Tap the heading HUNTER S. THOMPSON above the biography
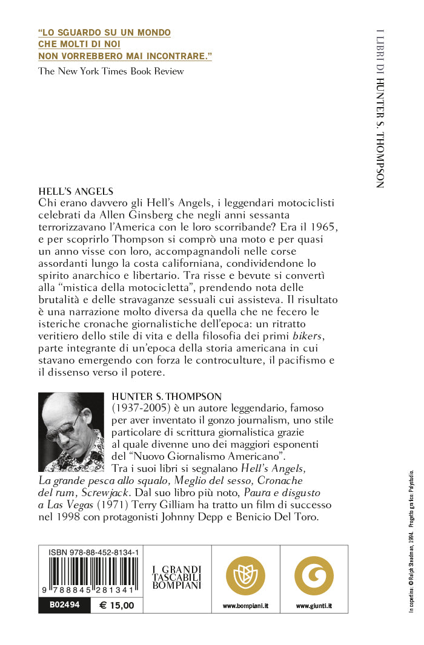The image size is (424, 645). (158, 396)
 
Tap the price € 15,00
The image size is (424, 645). (117, 605)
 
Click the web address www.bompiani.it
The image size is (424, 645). (245, 606)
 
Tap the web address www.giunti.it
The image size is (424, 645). (314, 606)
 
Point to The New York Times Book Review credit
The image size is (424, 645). (111, 71)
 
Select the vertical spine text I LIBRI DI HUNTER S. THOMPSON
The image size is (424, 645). (380, 108)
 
